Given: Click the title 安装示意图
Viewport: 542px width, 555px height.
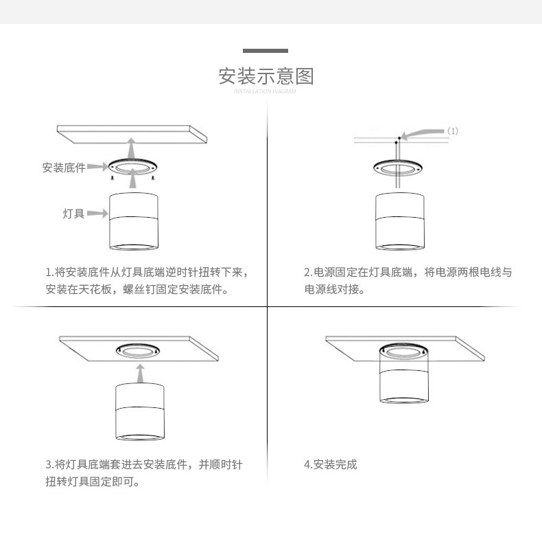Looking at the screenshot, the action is tap(266, 76).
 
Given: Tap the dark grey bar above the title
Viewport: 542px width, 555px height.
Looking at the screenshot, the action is tap(266, 51).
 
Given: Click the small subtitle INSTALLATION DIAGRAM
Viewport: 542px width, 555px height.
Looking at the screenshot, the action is tap(266, 91).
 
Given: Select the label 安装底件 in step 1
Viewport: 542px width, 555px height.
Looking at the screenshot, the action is tap(64, 168).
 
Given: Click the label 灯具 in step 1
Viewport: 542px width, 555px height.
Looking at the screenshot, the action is tap(73, 214).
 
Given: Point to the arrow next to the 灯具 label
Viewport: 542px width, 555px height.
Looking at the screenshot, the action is tap(97, 214).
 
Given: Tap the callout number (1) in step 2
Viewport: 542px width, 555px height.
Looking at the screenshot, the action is tap(453, 131).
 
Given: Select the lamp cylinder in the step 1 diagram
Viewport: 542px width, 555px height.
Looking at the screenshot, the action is tap(134, 221).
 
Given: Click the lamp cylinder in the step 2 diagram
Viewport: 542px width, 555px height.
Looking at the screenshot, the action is tap(399, 221).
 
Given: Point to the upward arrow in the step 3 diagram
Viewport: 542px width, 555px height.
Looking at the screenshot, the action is tap(140, 374).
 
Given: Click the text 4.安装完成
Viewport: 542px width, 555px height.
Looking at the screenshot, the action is tap(331, 465).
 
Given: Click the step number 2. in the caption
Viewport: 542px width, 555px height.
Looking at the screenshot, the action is tap(308, 273).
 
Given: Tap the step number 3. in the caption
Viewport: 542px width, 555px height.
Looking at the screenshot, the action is tap(49, 465).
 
